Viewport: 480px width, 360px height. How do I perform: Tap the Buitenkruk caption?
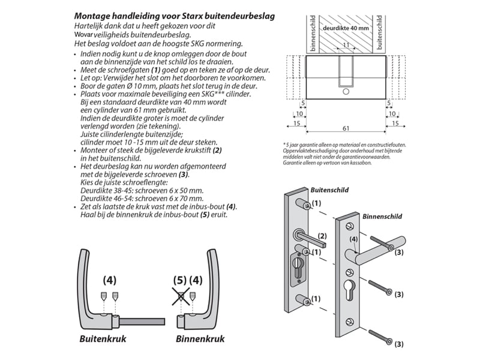(x=102, y=339)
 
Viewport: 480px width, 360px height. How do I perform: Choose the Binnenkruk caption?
(x=200, y=339)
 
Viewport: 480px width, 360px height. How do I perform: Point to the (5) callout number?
(x=181, y=280)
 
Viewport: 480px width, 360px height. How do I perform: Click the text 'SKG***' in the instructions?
(x=209, y=95)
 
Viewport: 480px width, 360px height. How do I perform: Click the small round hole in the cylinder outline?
(x=346, y=92)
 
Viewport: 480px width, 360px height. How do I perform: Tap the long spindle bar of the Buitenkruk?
(x=144, y=320)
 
